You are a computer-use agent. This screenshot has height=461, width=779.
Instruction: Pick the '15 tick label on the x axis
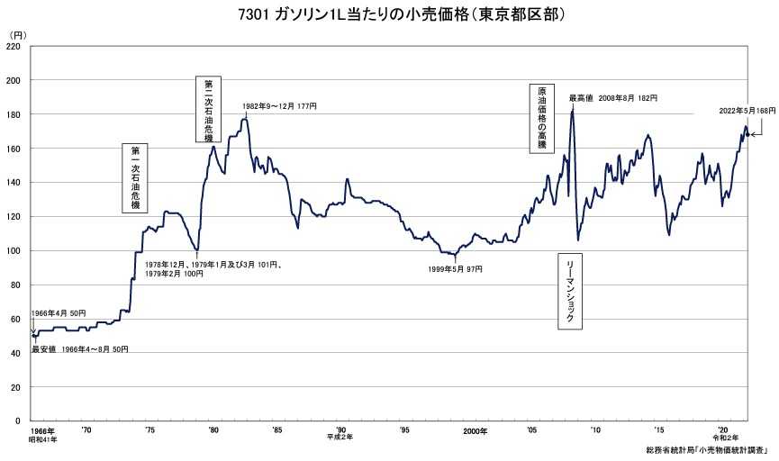coord(659,430)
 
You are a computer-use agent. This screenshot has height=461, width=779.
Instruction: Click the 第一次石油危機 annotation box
coord(134,177)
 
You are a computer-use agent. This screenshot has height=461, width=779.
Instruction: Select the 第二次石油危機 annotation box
coord(207,109)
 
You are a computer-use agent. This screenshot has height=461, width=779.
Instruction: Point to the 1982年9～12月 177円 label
coord(279,106)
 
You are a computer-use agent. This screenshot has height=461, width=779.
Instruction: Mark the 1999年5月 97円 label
coord(455,268)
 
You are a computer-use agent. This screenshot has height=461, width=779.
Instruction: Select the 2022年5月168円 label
coord(747,110)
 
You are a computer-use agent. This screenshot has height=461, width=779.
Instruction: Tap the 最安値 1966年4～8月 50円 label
coord(80,348)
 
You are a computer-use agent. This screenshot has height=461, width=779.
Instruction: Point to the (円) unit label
coord(17,34)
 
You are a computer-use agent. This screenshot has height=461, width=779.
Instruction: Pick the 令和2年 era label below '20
coord(724,438)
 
